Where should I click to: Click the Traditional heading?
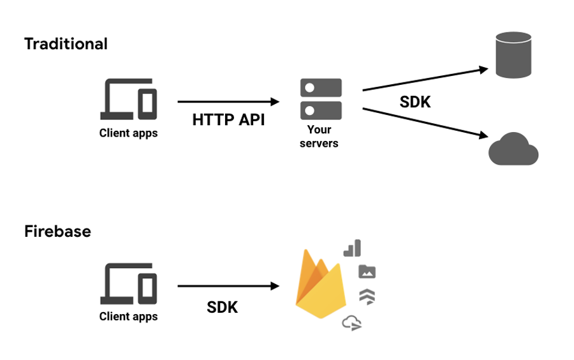[x=66, y=44]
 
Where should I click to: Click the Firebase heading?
[x=57, y=231]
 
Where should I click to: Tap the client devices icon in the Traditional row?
[x=128, y=99]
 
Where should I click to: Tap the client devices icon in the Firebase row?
[x=128, y=285]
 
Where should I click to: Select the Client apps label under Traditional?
[x=128, y=133]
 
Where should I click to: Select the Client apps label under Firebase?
[x=128, y=317]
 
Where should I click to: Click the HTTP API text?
[x=229, y=119]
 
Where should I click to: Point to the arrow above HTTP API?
[x=228, y=101]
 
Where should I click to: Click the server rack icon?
[x=321, y=98]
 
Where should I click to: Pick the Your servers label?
[x=319, y=136]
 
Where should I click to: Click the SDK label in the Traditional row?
[x=415, y=101]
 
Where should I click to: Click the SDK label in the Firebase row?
[x=223, y=307]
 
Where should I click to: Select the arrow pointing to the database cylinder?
[x=425, y=80]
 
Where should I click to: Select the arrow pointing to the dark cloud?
[x=425, y=122]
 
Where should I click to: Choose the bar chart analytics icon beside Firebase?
[x=353, y=248]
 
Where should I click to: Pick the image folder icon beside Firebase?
[x=367, y=271]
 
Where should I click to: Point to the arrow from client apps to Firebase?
[x=228, y=286]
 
